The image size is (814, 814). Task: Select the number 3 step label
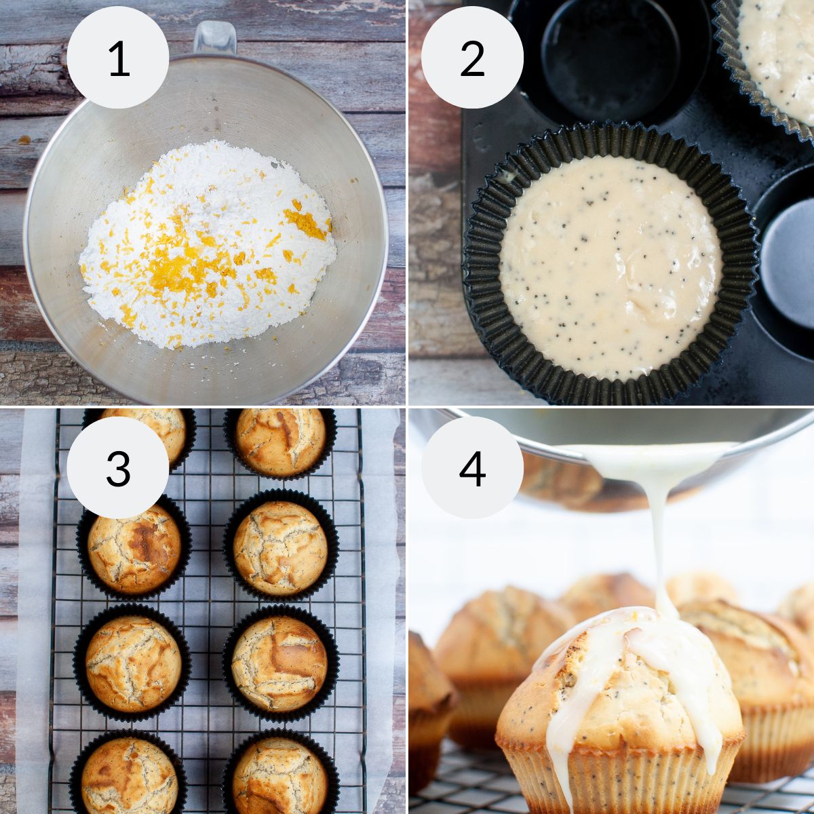coord(118,467)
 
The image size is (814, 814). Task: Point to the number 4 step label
coord(472,467)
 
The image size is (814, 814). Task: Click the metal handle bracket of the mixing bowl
coord(215,37)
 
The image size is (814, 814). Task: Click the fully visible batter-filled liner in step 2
coord(610,265)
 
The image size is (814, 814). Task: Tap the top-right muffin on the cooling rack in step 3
coord(280,441)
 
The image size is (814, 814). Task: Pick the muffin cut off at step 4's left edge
coord(427,712)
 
